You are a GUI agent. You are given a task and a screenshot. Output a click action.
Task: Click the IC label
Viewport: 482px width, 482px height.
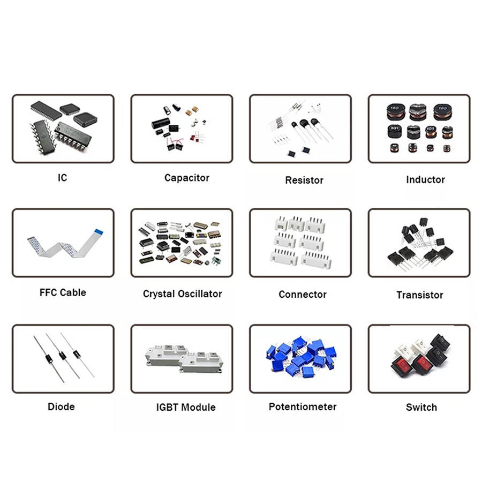tap(63, 177)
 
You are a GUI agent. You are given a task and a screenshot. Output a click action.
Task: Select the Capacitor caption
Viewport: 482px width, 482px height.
tap(186, 178)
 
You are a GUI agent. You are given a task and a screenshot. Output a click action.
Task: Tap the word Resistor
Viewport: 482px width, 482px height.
tap(304, 180)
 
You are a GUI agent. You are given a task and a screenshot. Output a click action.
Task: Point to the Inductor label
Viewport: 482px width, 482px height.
tap(425, 179)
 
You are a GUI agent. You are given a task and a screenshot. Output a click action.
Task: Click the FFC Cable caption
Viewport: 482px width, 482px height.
tap(63, 292)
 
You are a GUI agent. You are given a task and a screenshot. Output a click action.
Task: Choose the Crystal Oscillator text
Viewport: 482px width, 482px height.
tap(182, 293)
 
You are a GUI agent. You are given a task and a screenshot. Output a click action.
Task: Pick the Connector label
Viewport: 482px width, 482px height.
tap(302, 294)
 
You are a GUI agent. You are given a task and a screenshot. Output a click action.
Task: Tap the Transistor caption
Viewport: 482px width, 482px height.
tap(420, 295)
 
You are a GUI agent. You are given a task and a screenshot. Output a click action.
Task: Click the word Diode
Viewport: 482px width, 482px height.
tap(61, 406)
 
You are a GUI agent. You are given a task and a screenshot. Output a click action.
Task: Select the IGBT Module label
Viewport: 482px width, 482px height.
tap(186, 407)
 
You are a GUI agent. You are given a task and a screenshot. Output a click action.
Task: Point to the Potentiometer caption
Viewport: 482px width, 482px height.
tap(303, 406)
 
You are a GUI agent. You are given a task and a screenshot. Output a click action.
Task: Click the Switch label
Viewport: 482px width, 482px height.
tap(421, 407)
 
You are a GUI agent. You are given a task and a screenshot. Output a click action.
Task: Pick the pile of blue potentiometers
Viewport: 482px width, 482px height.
tap(301, 356)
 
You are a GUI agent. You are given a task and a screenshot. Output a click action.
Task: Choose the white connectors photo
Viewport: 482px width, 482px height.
tap(301, 242)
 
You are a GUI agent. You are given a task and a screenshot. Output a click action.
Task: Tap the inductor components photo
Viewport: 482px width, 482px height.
tap(419, 129)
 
